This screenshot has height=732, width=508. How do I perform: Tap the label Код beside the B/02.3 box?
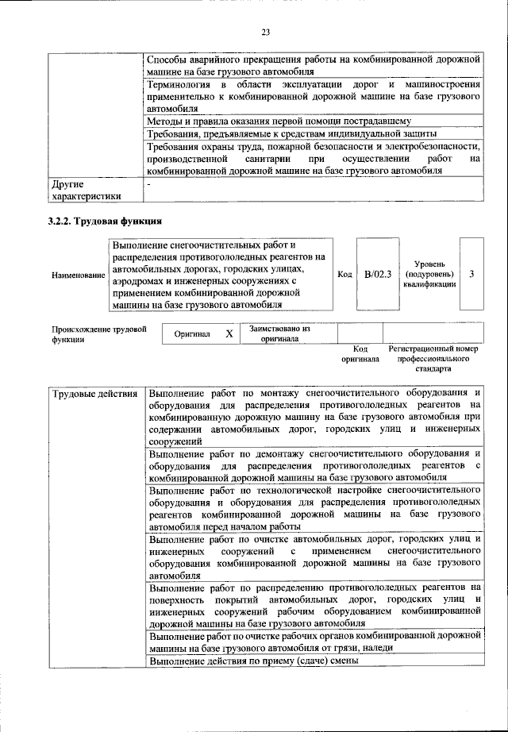click(x=344, y=274)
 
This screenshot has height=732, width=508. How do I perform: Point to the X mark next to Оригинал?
click(x=229, y=334)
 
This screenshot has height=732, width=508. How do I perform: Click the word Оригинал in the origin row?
click(x=192, y=334)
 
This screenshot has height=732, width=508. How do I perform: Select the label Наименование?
click(x=78, y=275)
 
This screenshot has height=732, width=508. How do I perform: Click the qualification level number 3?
click(x=471, y=274)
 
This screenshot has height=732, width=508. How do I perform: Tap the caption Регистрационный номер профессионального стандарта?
click(x=433, y=359)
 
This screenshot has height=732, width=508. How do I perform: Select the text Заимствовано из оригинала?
click(x=279, y=333)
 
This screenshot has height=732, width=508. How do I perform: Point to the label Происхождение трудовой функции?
click(x=99, y=333)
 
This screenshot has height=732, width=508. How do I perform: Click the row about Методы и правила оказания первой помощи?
click(x=279, y=121)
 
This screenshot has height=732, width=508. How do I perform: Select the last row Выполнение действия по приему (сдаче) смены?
click(x=254, y=660)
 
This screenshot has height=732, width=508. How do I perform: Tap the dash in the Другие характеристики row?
click(x=151, y=183)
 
